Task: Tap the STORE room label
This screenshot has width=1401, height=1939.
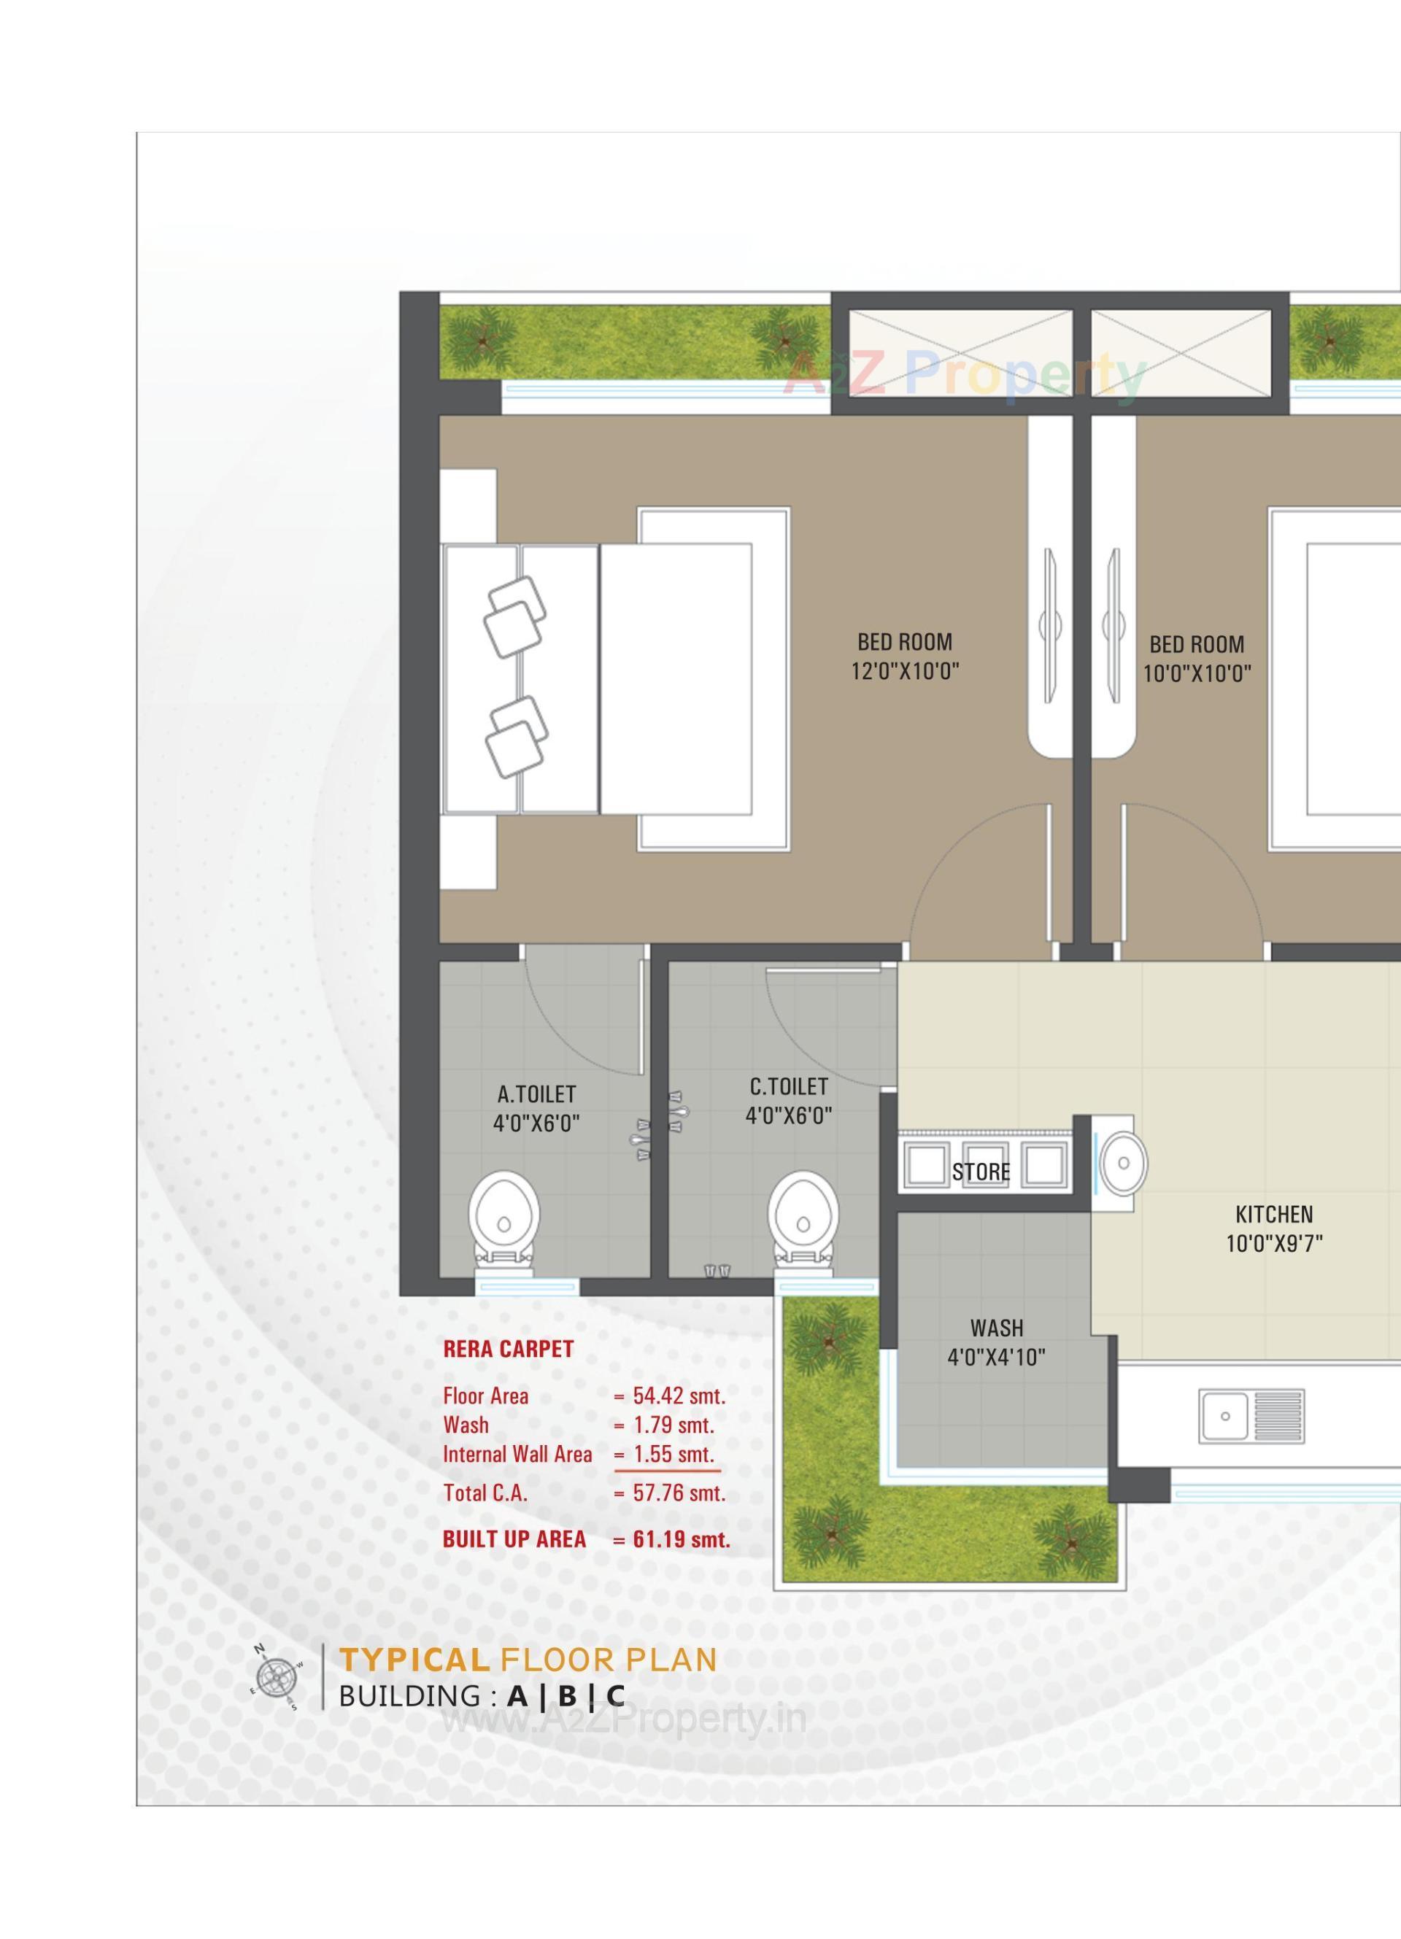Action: (x=981, y=1172)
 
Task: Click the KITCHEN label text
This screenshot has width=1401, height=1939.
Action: (x=1273, y=1214)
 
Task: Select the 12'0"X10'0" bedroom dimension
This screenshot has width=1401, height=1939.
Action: (x=905, y=671)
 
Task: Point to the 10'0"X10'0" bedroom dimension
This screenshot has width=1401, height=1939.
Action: (x=1197, y=674)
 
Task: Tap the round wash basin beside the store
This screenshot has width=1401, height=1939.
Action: (x=1123, y=1163)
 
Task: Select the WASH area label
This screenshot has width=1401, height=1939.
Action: (x=997, y=1328)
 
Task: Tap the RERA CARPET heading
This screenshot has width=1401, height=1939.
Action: (x=508, y=1349)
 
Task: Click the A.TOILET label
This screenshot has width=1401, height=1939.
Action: (x=536, y=1094)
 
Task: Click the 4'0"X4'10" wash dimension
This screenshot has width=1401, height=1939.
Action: (x=997, y=1357)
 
